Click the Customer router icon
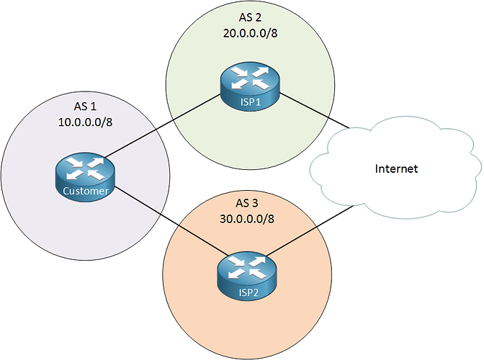click(85, 177)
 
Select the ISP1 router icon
click(250, 86)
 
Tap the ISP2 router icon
click(247, 276)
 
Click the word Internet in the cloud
click(396, 168)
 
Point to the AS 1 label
click(85, 107)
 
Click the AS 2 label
click(250, 17)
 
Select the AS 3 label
click(246, 203)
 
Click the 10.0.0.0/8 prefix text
click(85, 122)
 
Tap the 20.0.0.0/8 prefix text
click(251, 33)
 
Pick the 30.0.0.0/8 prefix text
click(247, 219)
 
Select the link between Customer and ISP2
click(172, 221)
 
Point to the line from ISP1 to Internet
click(314, 110)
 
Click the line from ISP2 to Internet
click(309, 230)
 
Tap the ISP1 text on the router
click(251, 102)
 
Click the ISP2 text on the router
click(248, 292)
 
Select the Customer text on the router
click(86, 191)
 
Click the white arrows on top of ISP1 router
click(250, 78)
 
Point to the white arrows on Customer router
click(85, 168)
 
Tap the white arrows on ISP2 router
click(247, 268)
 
